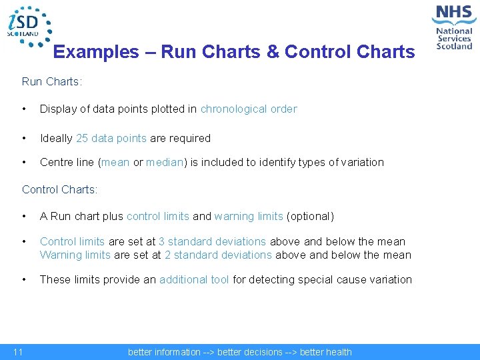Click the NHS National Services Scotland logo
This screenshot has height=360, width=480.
[453, 27]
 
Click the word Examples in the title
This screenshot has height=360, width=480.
[96, 52]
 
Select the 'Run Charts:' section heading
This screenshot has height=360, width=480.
[52, 81]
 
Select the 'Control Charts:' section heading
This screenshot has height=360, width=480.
[59, 189]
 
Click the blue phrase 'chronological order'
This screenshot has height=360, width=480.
[249, 109]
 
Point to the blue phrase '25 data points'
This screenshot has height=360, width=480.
[111, 138]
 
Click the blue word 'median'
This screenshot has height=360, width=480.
[164, 162]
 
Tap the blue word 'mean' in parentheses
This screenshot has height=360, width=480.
[116, 162]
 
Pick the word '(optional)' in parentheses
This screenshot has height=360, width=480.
[310, 216]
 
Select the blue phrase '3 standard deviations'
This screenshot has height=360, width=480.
[212, 241]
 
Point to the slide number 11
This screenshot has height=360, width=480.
[18, 352]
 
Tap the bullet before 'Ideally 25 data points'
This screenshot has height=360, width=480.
[25, 138]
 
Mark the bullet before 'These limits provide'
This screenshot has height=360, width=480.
[25, 279]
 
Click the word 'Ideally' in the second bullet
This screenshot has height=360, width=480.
[57, 138]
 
